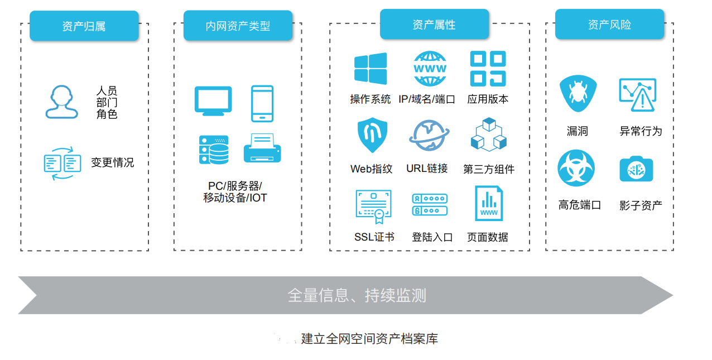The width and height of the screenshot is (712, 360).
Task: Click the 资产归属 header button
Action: tap(84, 26)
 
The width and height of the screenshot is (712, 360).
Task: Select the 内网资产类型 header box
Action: tap(238, 26)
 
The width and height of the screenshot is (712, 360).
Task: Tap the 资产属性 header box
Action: tap(434, 25)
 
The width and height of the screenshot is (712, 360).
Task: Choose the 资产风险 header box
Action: tap(609, 25)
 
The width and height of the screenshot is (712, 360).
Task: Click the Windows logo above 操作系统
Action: tap(371, 69)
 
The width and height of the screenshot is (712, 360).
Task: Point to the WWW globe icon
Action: tap(430, 69)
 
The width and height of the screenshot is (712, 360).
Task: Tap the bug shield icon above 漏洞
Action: tap(578, 93)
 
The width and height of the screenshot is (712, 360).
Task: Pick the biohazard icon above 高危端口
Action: tap(576, 169)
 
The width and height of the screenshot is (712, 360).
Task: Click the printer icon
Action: tap(262, 148)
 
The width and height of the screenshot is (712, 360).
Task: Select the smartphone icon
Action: tap(262, 103)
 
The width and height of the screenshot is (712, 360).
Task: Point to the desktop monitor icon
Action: tap(213, 101)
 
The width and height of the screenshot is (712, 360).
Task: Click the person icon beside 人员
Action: tap(62, 102)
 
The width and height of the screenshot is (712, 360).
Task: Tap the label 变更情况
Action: tap(113, 163)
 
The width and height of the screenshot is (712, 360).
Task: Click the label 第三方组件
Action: tap(489, 169)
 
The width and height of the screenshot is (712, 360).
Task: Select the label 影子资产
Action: tap(641, 205)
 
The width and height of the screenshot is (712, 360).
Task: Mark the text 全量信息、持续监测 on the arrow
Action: tap(357, 295)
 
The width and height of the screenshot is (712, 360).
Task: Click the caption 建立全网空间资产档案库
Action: tap(369, 339)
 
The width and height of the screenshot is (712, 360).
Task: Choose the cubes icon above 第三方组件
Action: tap(488, 135)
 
